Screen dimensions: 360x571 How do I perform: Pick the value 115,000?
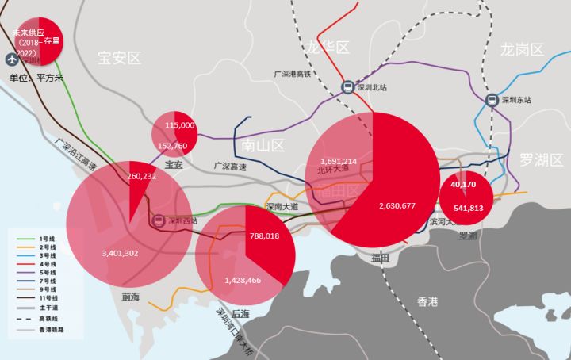(x=180, y=125)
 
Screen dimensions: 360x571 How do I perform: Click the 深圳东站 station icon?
(x=492, y=101)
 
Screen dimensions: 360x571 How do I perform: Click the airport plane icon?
(x=11, y=59)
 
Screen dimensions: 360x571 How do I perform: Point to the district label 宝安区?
(x=119, y=58)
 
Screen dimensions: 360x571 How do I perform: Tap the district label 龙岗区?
(x=523, y=50)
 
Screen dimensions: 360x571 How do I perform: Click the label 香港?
(x=427, y=301)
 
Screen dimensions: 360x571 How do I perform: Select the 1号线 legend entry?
(x=44, y=239)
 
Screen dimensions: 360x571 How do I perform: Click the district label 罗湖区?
(x=542, y=160)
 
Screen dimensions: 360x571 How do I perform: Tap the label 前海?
(x=131, y=297)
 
